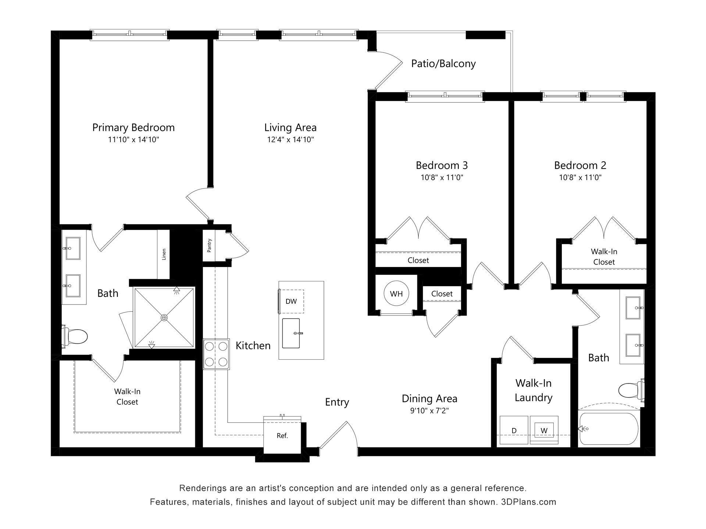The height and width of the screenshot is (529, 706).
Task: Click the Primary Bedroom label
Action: [133, 127]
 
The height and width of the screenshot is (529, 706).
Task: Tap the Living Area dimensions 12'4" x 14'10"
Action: [290, 140]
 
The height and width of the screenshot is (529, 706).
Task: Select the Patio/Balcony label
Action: [443, 64]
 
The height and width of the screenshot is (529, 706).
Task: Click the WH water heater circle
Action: [396, 294]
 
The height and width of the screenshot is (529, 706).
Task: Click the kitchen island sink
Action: [291, 333]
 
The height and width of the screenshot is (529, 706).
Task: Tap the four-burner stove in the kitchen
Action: [216, 354]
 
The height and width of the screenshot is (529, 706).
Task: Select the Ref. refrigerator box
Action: [282, 436]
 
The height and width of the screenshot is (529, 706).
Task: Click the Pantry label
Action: [209, 245]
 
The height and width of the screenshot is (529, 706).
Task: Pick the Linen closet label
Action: [164, 254]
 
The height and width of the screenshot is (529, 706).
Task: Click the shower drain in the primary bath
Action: [164, 317]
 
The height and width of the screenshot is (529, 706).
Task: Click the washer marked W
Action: [544, 431]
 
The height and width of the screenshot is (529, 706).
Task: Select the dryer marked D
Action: [514, 431]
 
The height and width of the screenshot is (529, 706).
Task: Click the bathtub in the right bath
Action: [609, 429]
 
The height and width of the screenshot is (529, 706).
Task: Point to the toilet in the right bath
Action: [630, 391]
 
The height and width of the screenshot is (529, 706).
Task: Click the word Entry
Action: [336, 402]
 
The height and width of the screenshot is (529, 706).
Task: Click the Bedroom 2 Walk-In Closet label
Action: [604, 257]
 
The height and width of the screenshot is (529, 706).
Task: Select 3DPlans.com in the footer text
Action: [528, 502]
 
